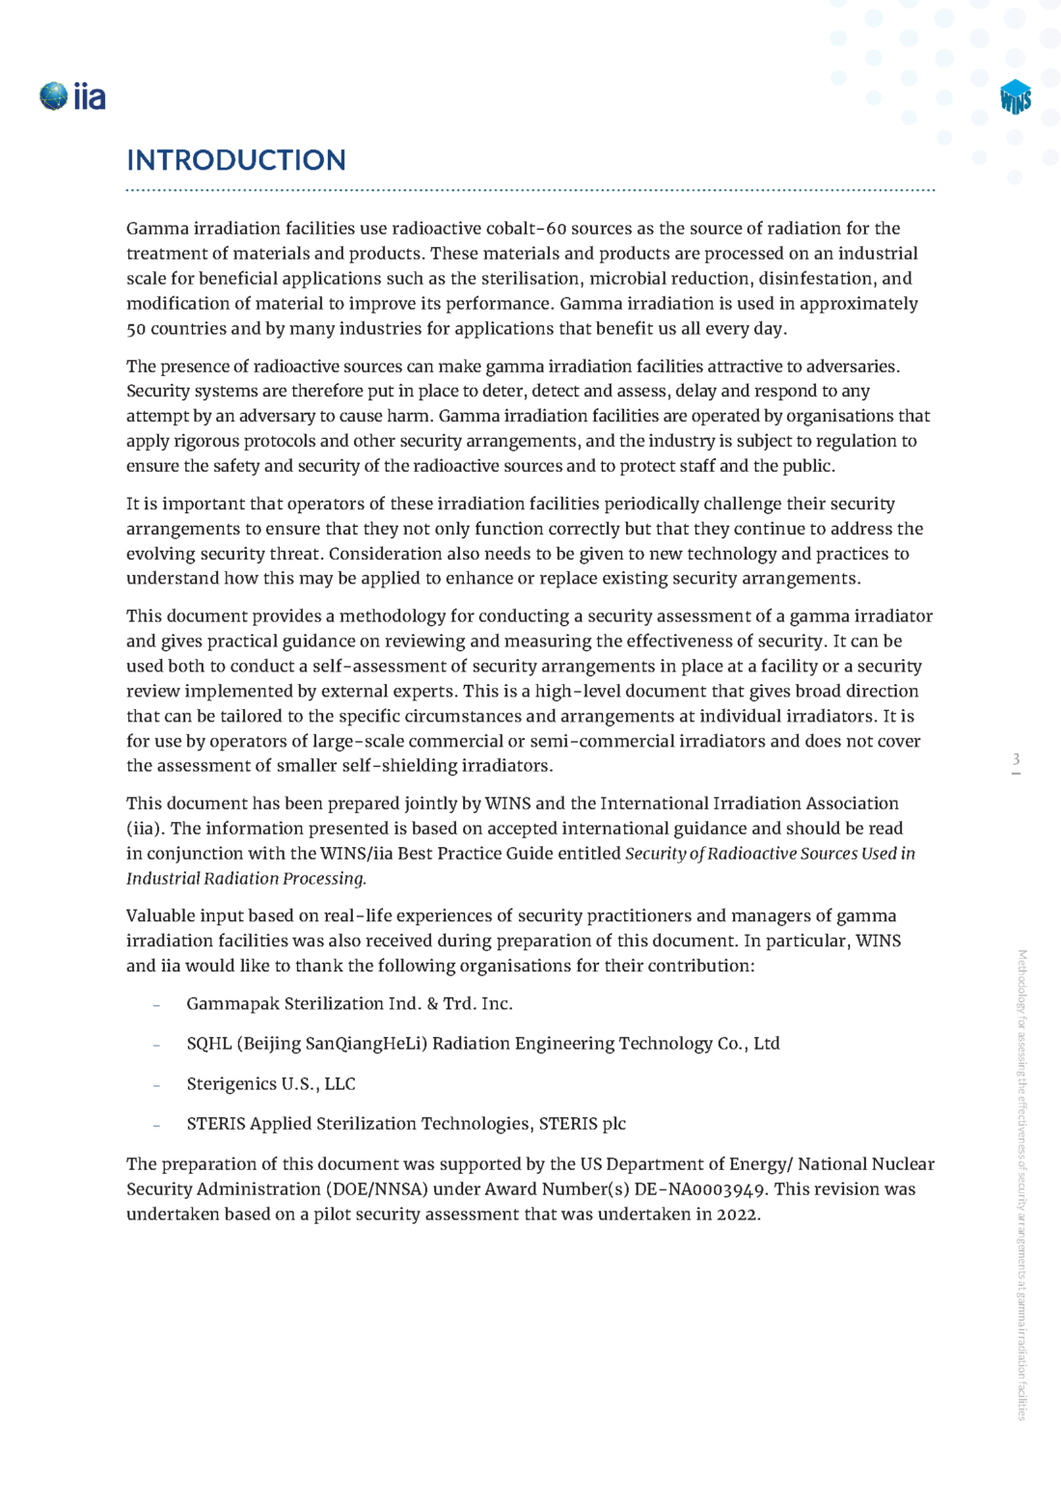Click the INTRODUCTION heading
236,160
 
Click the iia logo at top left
72,96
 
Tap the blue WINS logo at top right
1016,97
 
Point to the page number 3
1016,760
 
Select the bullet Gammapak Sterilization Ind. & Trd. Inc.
349,1004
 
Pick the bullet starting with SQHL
482,1044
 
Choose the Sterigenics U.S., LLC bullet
271,1084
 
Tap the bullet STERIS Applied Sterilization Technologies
406,1124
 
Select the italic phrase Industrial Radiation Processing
246,879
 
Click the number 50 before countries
136,329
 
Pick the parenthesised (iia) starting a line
146,829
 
